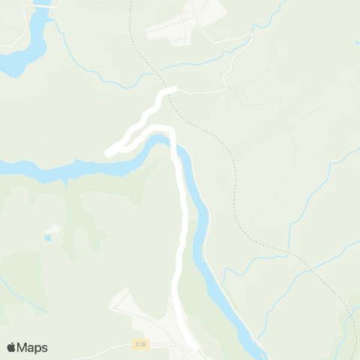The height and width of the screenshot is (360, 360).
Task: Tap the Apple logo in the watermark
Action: click(11, 347)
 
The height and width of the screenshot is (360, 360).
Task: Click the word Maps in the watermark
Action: click(33, 347)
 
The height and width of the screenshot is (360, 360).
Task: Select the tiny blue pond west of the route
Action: click(47, 238)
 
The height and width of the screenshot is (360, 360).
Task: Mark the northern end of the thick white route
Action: click(174, 89)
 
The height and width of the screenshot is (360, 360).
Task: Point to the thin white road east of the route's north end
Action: click(202, 91)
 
